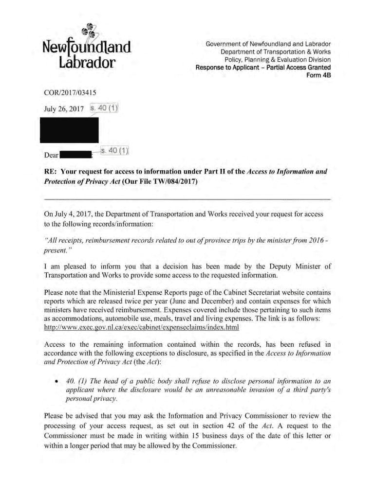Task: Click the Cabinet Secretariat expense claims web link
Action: click(x=141, y=327)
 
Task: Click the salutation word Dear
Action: click(x=51, y=156)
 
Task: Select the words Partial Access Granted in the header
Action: click(x=299, y=68)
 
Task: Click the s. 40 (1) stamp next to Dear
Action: click(x=114, y=150)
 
